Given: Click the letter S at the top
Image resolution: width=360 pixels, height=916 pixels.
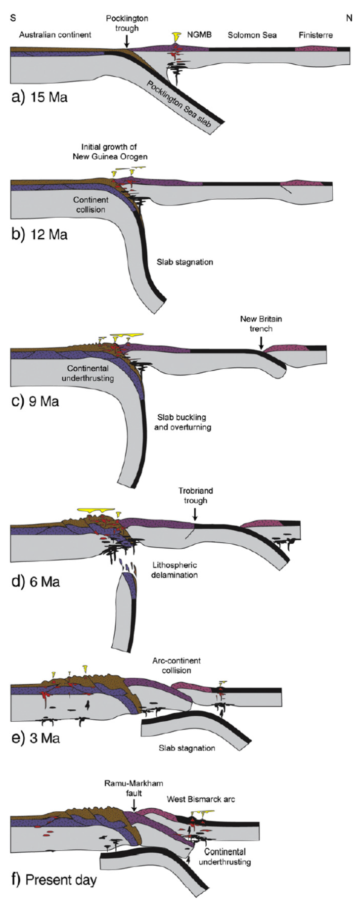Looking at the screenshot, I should tap(13, 18).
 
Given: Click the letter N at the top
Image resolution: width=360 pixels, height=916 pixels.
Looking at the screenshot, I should tap(349, 18).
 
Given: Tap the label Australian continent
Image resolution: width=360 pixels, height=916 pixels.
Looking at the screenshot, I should tap(55, 35).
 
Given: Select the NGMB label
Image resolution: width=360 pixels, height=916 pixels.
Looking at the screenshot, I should tap(199, 35).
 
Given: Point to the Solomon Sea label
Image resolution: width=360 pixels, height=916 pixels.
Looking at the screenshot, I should tap(252, 35).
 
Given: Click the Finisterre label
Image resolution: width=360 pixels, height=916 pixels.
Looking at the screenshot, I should tap(315, 35).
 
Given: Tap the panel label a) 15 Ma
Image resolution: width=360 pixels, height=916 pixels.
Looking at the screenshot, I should tap(40, 97).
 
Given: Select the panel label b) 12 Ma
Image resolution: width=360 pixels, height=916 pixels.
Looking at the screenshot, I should tap(40, 234).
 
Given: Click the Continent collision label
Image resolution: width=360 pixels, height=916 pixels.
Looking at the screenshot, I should tap(90, 205).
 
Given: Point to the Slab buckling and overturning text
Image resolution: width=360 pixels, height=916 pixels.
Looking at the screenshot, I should tap(182, 422).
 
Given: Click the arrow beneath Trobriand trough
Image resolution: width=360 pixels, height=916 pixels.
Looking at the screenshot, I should tap(195, 514).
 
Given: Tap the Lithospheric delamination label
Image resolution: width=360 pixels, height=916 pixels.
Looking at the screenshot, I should tap(175, 570).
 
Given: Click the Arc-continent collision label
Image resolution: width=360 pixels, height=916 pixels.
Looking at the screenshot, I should tap(177, 665).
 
